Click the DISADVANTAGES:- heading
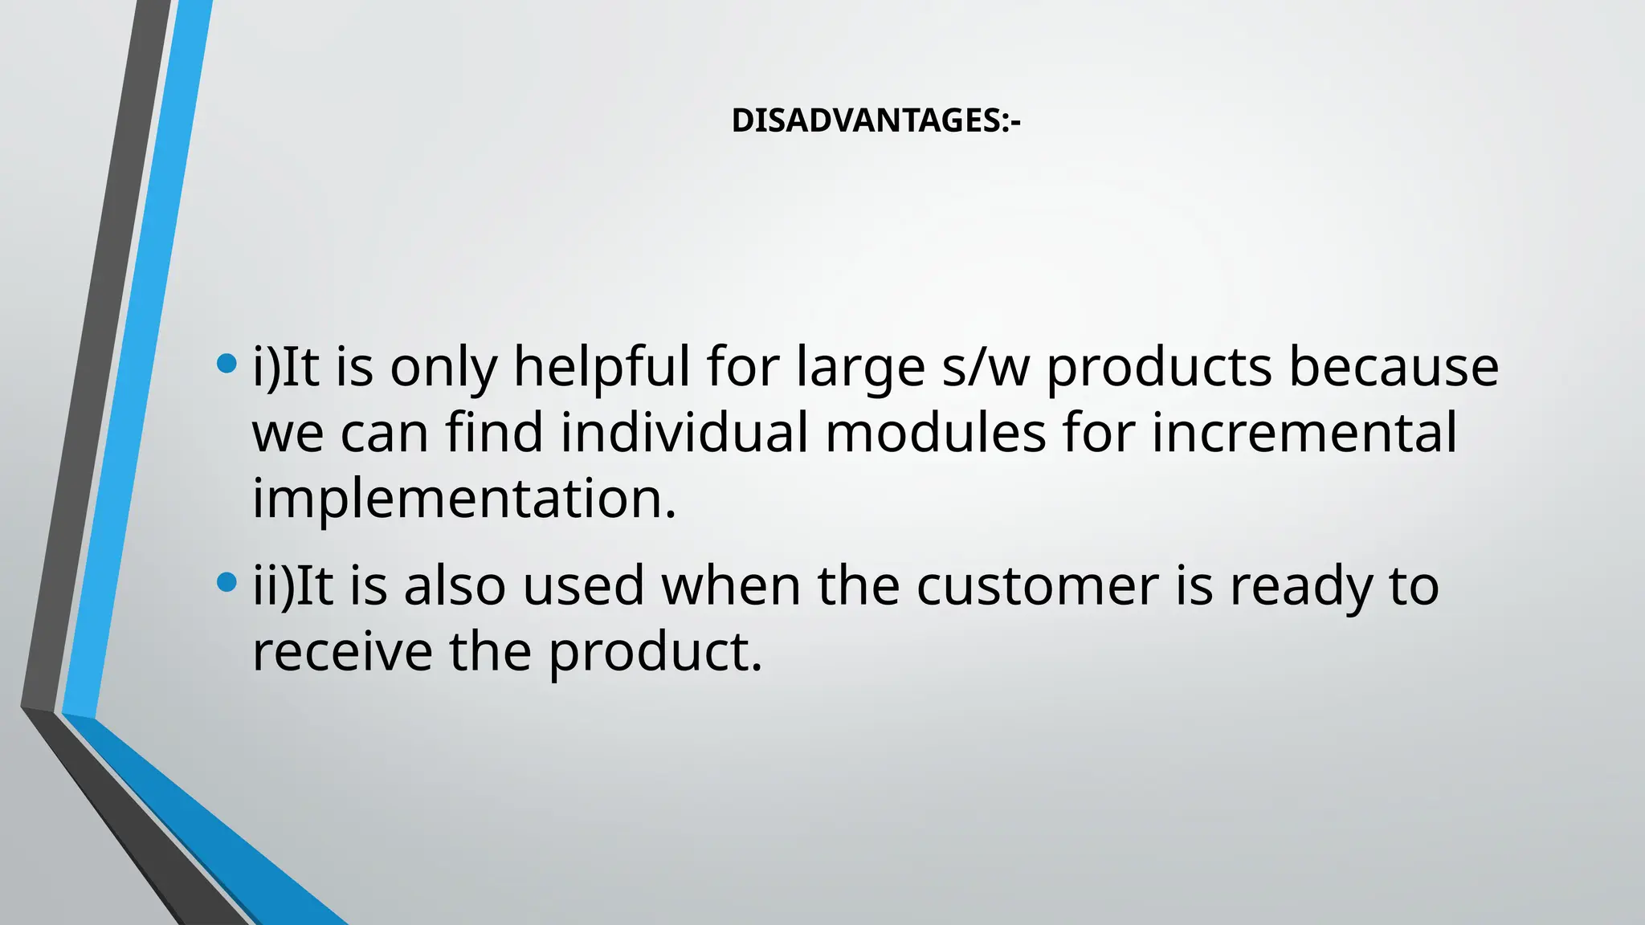[876, 121]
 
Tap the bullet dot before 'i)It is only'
[227, 365]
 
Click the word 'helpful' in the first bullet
[602, 367]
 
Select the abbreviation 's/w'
[986, 367]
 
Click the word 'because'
[1394, 367]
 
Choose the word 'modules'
[936, 433]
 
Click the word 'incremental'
[1304, 433]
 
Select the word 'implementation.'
[464, 499]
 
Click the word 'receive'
[342, 652]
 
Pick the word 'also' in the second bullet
[455, 586]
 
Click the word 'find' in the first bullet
[495, 433]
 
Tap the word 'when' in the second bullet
[731, 586]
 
